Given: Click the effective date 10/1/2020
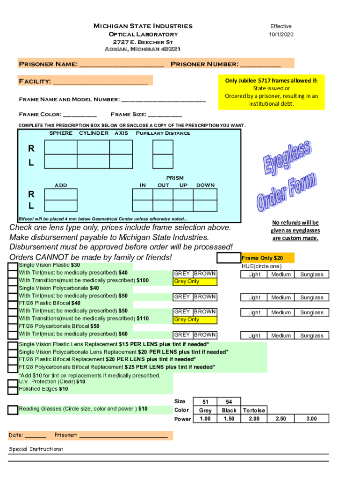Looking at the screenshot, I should (x=281, y=35).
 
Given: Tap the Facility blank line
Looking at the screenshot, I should (x=100, y=82).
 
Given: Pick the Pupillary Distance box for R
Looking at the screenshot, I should (x=163, y=148).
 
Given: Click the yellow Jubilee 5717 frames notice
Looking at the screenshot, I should (x=271, y=92).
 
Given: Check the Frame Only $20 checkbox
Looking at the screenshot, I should (x=229, y=258).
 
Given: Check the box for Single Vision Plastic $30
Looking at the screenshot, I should (x=13, y=266).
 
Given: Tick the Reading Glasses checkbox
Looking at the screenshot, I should (x=13, y=410).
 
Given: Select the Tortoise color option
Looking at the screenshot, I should (x=254, y=410).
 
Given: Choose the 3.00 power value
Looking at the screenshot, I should (x=311, y=419).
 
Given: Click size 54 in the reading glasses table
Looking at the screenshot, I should (x=229, y=402).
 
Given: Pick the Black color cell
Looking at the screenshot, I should (x=229, y=410).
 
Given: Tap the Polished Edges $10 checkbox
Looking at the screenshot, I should (x=13, y=390).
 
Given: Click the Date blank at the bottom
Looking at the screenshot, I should (x=35, y=435).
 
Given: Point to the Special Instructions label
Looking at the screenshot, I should (x=36, y=449).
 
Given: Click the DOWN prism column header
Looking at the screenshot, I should (x=206, y=185).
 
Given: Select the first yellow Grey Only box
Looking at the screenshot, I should (x=195, y=282).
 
